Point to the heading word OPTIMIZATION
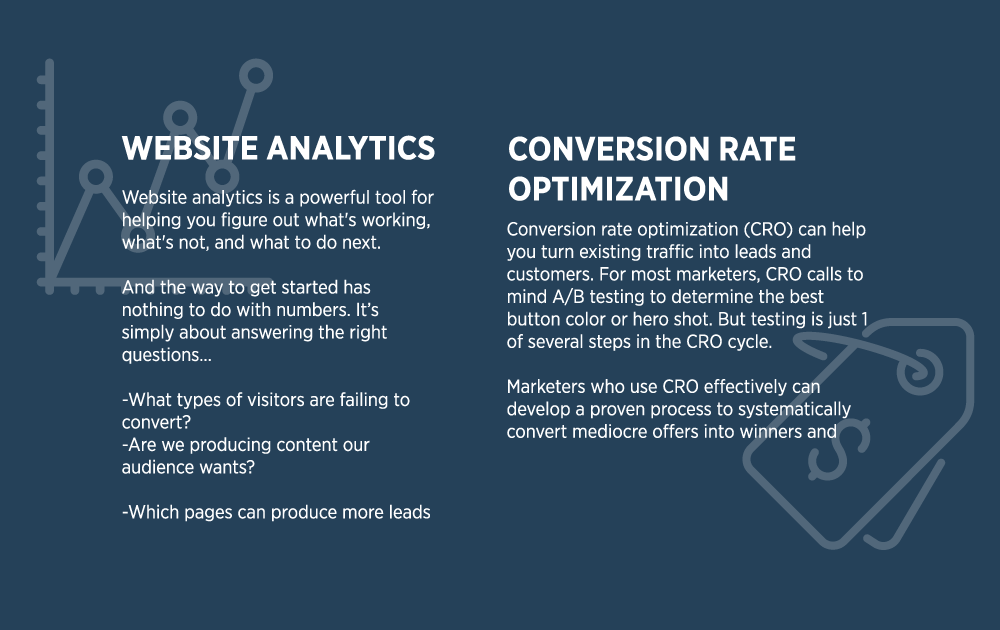(x=618, y=189)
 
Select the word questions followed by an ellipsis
(x=161, y=355)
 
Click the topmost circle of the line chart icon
(x=257, y=75)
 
